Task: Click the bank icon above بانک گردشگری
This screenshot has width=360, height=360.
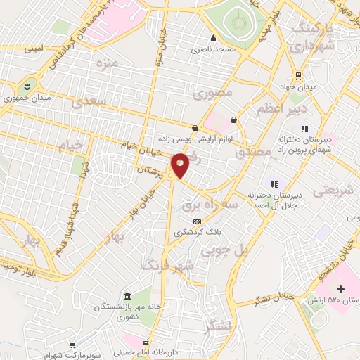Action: [x=188, y=222]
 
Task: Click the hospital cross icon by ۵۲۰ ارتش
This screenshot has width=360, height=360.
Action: [x=341, y=290]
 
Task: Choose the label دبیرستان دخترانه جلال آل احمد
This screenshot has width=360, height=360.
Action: [x=273, y=200]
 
